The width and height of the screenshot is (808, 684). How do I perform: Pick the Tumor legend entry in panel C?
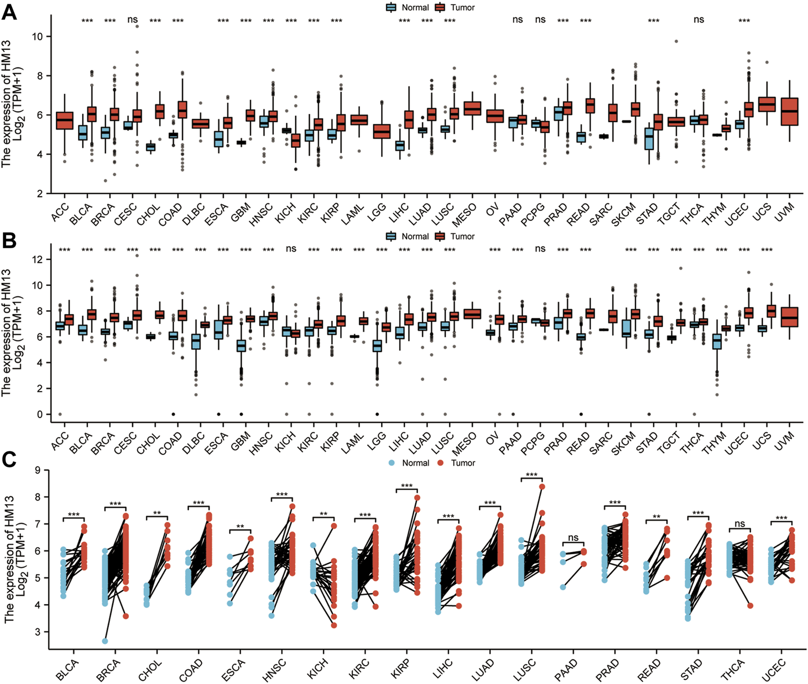click(x=456, y=463)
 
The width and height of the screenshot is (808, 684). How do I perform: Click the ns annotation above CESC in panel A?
click(x=132, y=20)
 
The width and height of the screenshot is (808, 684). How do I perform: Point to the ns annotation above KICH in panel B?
click(x=291, y=249)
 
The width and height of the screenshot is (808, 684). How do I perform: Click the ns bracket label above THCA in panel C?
click(x=740, y=523)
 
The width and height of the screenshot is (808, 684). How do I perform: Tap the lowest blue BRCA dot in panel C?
click(x=105, y=641)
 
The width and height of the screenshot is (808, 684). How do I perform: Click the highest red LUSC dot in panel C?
click(x=542, y=487)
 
